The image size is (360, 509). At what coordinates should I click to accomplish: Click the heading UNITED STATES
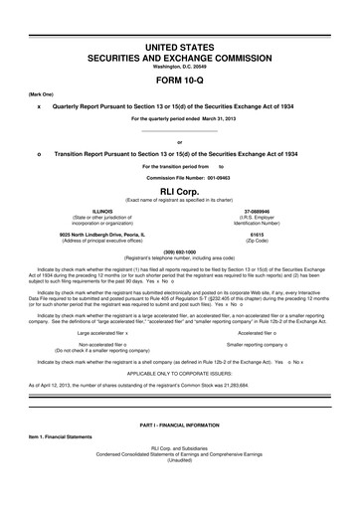pos(180,48)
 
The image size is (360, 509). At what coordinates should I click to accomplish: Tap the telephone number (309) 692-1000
pos(180,253)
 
